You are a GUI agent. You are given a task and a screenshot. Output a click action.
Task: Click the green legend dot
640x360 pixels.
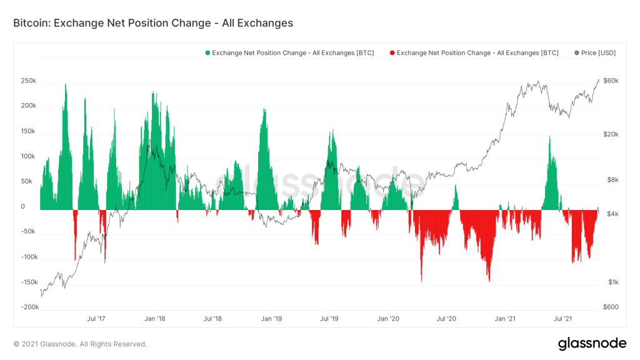[x=207, y=53]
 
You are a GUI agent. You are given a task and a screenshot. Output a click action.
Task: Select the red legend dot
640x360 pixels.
[x=392, y=53]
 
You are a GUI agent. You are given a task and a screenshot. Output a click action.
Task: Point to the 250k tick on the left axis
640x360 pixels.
[x=28, y=81]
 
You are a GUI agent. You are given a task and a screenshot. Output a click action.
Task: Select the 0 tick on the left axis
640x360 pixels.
[x=23, y=207]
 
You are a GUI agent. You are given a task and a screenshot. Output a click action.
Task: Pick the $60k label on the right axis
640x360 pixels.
[x=611, y=81]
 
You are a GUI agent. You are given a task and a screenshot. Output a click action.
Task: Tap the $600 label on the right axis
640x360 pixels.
[x=611, y=307]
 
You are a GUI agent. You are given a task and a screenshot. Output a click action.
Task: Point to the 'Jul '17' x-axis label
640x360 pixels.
[x=96, y=319]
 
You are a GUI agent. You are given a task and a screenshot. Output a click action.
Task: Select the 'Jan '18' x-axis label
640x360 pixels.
[x=154, y=319]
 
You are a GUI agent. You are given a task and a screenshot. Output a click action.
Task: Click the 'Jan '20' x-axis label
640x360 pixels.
[x=388, y=319]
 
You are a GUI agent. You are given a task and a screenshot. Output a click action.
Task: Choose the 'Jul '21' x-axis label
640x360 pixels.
[x=564, y=319]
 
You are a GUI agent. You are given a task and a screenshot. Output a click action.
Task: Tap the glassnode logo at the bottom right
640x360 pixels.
[x=592, y=343]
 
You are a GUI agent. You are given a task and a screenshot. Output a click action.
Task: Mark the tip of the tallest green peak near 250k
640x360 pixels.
[x=66, y=84]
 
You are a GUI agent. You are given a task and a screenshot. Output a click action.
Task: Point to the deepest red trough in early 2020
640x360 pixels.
[x=421, y=281]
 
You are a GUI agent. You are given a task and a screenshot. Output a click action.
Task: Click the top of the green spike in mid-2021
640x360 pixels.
[x=549, y=136]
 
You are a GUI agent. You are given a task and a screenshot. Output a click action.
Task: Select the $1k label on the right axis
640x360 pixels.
[x=612, y=282]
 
